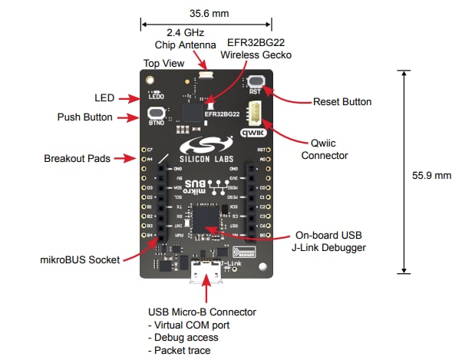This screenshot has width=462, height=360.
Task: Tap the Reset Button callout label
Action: (x=342, y=101)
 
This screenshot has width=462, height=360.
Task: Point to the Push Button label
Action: (x=85, y=117)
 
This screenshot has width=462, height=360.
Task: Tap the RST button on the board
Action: (x=256, y=81)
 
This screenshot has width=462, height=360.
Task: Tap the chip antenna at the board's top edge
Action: (x=206, y=75)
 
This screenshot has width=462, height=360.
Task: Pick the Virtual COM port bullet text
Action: (x=189, y=325)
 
